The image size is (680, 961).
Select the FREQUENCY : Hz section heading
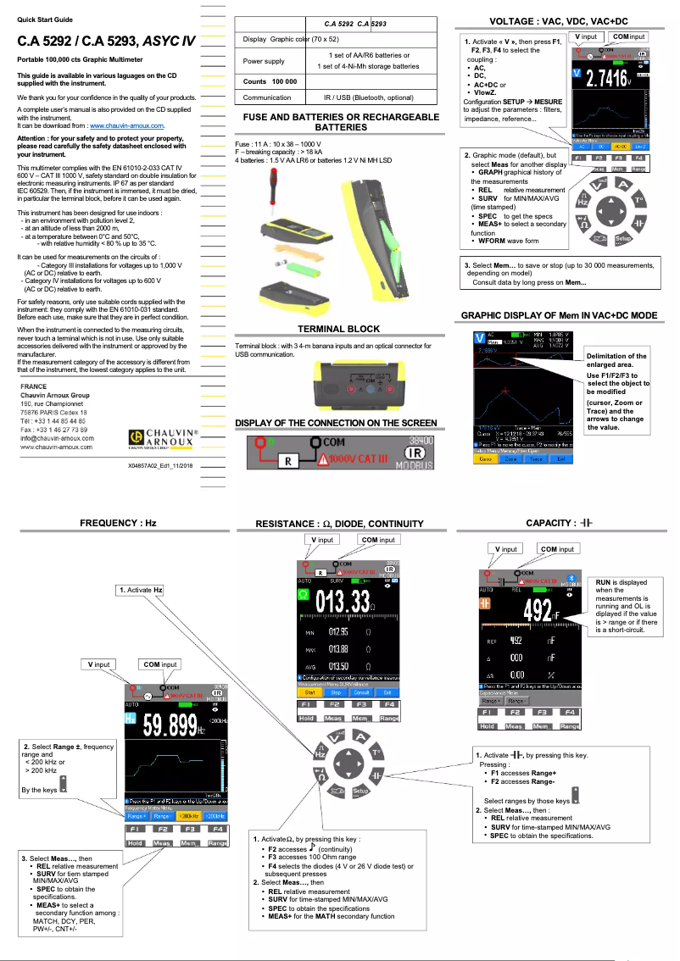(x=118, y=523)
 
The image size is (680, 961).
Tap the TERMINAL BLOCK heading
(x=338, y=329)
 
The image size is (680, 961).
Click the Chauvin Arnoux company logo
(x=162, y=437)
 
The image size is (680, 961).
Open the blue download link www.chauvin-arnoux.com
(x=126, y=125)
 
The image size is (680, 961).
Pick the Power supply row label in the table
(x=264, y=61)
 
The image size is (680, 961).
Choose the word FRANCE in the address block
(x=34, y=386)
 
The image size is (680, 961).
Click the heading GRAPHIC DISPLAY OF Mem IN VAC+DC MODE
(x=559, y=315)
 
